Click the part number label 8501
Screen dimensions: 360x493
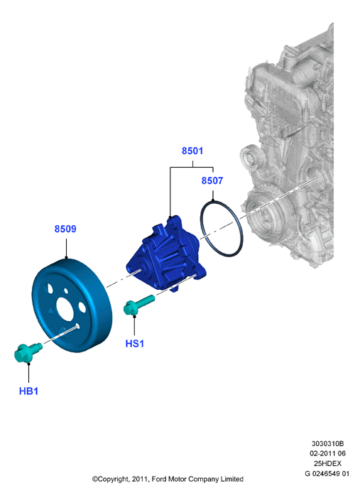192,151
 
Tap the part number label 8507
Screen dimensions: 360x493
212,180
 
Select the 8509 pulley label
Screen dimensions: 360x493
65,229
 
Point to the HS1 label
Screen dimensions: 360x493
135,343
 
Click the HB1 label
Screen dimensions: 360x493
28,391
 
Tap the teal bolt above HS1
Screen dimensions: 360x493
138,304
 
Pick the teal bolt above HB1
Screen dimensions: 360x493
27,352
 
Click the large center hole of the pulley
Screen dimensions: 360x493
65,311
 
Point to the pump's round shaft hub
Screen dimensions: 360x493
138,269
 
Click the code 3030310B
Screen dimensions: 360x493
327,444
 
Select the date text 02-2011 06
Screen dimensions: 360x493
327,453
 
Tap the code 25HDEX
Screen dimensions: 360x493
327,463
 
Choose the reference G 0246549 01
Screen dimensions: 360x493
327,474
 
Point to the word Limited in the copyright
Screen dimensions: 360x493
232,480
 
